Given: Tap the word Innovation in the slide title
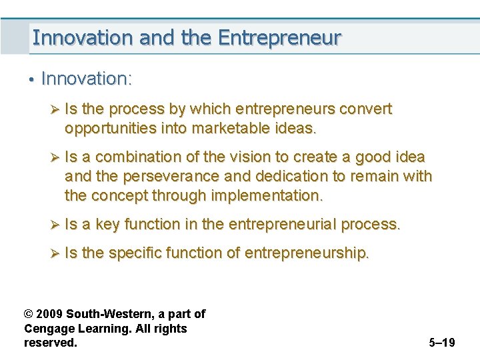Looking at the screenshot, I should (x=83, y=37).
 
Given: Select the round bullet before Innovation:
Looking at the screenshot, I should (x=31, y=80).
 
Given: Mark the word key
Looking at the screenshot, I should (x=107, y=225).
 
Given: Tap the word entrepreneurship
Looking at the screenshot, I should (x=307, y=253).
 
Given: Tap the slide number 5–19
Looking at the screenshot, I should (x=442, y=343).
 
